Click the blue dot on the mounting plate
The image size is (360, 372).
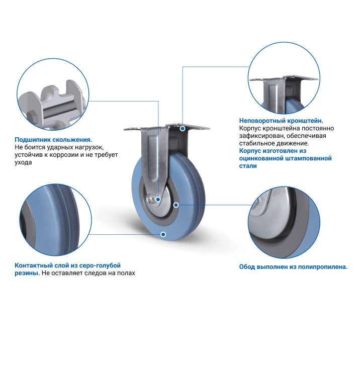(x=183, y=129)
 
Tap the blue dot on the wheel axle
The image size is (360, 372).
(x=158, y=200)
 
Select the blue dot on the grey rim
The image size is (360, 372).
(x=176, y=205)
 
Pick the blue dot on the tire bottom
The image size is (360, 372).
(x=163, y=234)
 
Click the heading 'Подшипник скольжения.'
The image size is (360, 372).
(x=53, y=140)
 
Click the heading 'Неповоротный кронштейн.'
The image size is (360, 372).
(x=281, y=121)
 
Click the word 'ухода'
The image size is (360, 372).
(x=23, y=162)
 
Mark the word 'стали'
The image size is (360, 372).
(x=248, y=166)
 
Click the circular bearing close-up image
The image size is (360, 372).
(x=53, y=94)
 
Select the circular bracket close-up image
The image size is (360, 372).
(x=284, y=78)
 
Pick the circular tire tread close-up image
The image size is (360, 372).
(x=55, y=220)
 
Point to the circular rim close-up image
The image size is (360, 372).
(x=284, y=222)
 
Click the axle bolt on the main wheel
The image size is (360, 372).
(x=150, y=199)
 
